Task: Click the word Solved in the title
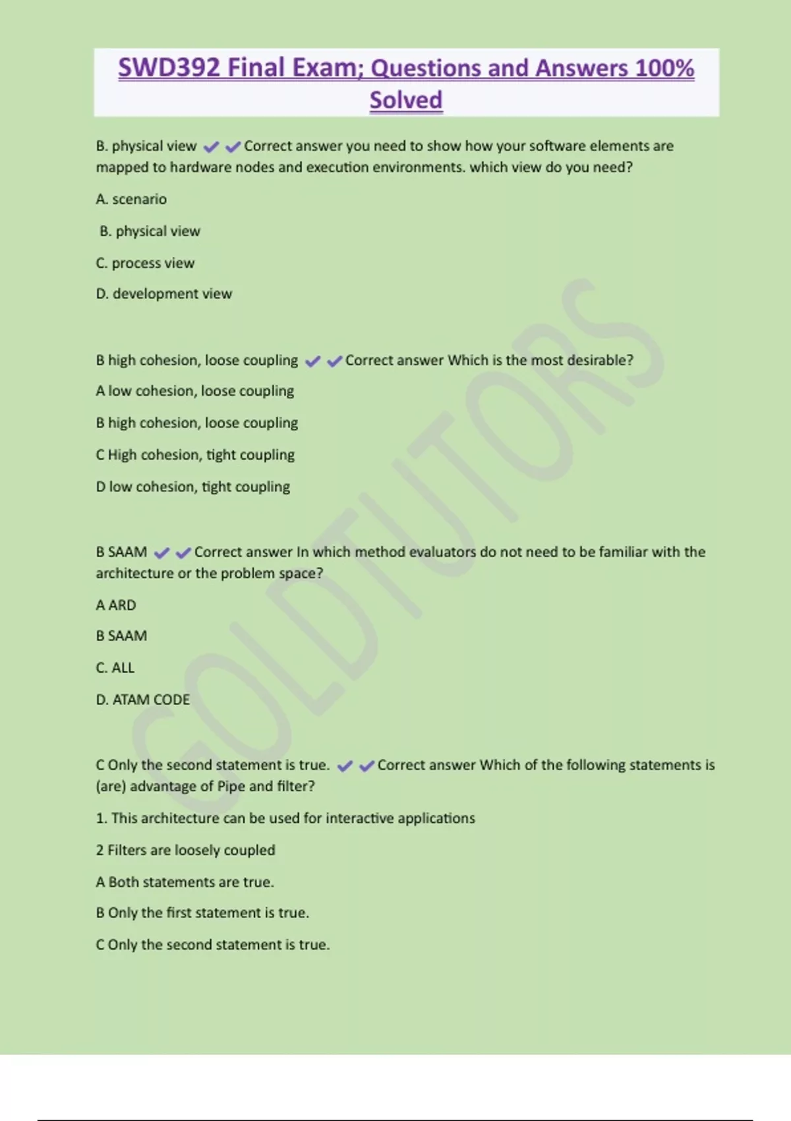405,100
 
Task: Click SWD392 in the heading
169,68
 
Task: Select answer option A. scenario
131,199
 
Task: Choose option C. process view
145,263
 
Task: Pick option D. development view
164,294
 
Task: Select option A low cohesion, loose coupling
195,391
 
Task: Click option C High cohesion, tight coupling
195,455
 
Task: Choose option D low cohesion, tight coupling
193,487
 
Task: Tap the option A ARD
116,605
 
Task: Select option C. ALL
115,668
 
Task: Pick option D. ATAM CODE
143,700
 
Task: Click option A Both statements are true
185,882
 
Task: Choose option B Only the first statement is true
202,913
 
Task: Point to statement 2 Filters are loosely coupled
185,851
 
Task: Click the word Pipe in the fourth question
231,787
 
